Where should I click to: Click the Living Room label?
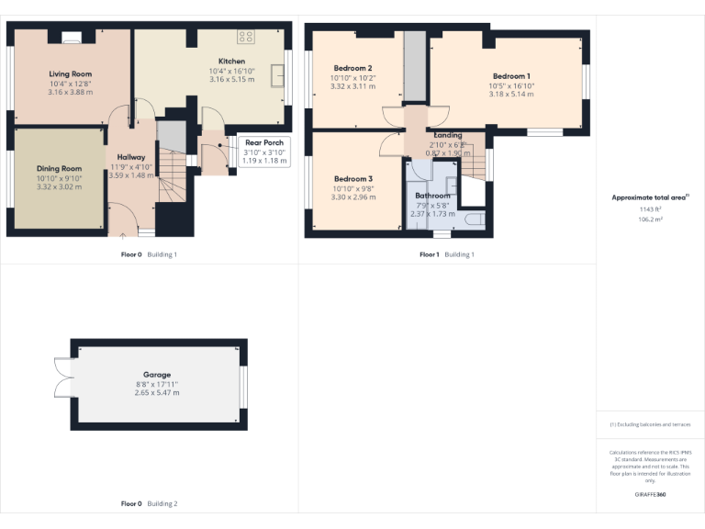click(70, 74)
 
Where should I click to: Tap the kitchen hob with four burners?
click(246, 38)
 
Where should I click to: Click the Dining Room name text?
click(59, 169)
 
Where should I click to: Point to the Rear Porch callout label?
click(264, 142)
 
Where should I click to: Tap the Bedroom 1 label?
click(511, 76)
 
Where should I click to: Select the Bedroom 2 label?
click(352, 69)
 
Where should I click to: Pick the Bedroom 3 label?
click(352, 178)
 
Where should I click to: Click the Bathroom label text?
click(432, 196)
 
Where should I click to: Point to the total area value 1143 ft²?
click(651, 209)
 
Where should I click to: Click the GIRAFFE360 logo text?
click(650, 495)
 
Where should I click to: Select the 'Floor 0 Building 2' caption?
click(149, 504)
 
